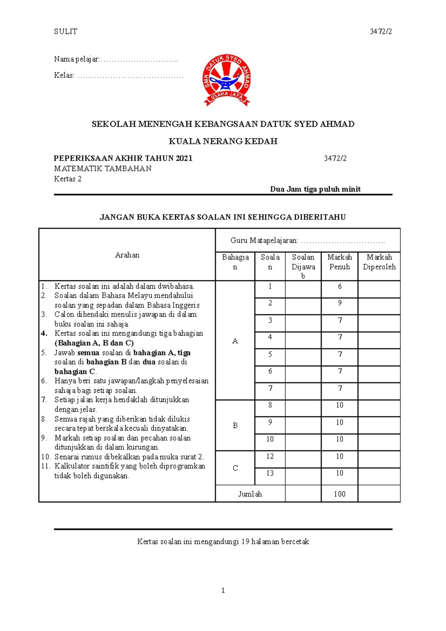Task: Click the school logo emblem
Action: tap(226, 80)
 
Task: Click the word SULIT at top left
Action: tap(65, 32)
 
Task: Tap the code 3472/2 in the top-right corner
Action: tap(381, 32)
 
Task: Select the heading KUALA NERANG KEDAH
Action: tap(223, 141)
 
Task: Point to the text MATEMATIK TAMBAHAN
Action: tap(103, 169)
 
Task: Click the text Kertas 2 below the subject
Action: tap(68, 179)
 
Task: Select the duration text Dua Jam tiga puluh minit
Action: tap(315, 189)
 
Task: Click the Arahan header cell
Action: tap(127, 255)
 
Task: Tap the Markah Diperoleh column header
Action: tap(379, 262)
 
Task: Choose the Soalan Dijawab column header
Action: tap(303, 266)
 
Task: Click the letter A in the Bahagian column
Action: tap(235, 341)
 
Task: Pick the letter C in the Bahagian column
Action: tap(235, 468)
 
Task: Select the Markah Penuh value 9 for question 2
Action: tap(340, 303)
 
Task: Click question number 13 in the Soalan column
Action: tap(270, 473)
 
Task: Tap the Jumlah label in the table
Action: tap(250, 494)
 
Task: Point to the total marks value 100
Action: tap(339, 494)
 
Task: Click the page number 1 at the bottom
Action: tap(223, 590)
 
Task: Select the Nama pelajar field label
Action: tap(77, 59)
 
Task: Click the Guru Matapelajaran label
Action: tap(264, 240)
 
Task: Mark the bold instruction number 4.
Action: tap(44, 333)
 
